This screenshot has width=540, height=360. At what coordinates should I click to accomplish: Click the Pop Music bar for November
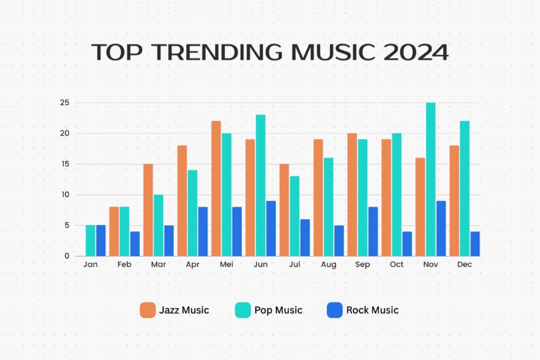tap(430, 179)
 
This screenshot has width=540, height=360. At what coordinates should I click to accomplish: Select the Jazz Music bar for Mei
tap(216, 188)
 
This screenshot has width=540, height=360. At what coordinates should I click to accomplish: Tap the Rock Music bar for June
tap(271, 228)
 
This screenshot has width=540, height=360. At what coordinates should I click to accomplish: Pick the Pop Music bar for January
tap(90, 240)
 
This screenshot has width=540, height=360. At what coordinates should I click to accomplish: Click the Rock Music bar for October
tap(407, 243)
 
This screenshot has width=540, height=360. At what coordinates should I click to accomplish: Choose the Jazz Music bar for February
tap(114, 231)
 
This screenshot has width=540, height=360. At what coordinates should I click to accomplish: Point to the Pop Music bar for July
tap(294, 216)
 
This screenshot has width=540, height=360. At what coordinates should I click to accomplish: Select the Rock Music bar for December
tap(475, 243)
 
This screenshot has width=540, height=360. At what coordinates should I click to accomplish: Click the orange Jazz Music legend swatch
tap(148, 310)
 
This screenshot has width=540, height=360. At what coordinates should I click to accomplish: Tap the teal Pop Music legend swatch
tap(242, 310)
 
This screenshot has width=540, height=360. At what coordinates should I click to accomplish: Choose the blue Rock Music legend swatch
tap(335, 310)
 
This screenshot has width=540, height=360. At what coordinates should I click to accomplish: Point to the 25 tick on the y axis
tap(64, 103)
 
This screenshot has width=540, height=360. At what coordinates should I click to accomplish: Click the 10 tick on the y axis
tap(64, 195)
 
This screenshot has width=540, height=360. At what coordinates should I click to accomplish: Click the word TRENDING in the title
tap(224, 53)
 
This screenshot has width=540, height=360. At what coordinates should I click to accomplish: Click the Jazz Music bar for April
tap(181, 200)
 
